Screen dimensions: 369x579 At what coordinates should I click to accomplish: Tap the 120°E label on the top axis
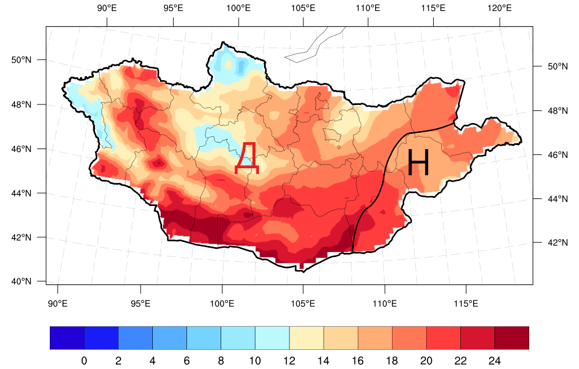pyautogui.click(x=499, y=9)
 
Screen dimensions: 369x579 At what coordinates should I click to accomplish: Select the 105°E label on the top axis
pyautogui.click(x=303, y=9)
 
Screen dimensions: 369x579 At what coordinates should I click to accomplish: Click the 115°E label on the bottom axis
pyautogui.click(x=466, y=303)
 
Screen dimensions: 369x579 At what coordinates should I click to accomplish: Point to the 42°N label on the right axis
pyautogui.click(x=550, y=243)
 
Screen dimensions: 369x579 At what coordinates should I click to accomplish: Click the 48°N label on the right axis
pyautogui.click(x=550, y=111)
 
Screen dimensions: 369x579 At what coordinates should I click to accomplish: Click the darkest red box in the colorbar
pyautogui.click(x=512, y=338)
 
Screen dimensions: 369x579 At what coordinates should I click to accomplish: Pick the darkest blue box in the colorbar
pyautogui.click(x=67, y=338)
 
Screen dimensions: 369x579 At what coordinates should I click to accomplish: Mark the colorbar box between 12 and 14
pyautogui.click(x=306, y=338)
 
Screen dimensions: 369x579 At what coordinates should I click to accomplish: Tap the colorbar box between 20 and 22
pyautogui.click(x=444, y=338)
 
